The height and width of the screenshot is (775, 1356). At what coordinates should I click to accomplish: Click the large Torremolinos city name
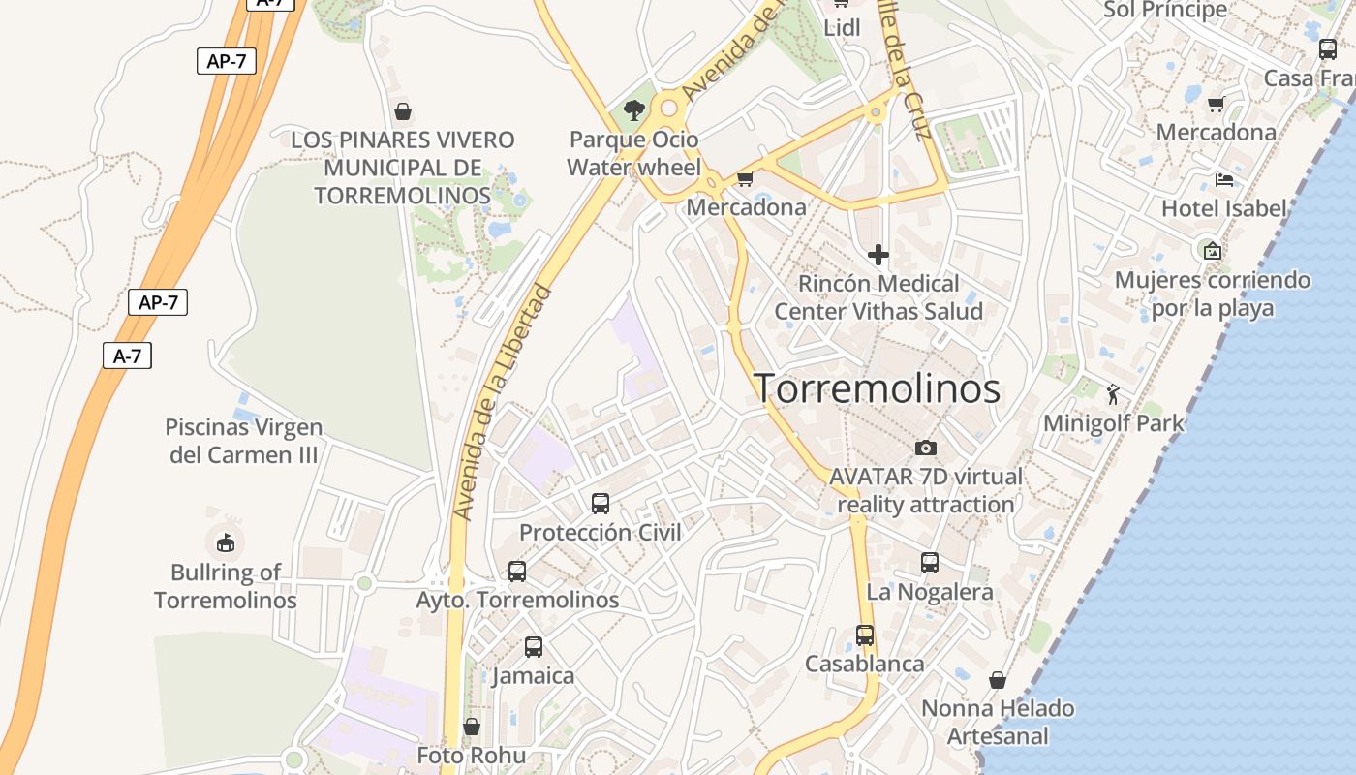coord(877,388)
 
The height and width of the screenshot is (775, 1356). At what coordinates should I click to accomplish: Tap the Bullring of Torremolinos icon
coord(225,542)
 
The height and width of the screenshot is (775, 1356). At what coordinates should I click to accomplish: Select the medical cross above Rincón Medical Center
coord(878,255)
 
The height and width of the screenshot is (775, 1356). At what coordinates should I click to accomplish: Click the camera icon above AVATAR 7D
coord(926,448)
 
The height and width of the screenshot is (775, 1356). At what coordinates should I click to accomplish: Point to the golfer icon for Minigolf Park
coord(1113,394)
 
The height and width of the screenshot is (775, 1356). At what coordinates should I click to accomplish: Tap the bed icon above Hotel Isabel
coord(1224,180)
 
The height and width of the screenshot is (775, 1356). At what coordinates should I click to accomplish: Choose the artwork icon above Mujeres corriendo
coord(1212,251)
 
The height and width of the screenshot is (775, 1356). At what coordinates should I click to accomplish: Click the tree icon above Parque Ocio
coord(634,110)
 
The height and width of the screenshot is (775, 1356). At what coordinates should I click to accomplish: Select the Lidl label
coord(842,28)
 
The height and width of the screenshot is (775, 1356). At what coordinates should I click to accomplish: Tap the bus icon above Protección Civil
coord(601,504)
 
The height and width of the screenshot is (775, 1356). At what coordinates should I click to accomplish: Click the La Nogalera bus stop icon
coord(930,563)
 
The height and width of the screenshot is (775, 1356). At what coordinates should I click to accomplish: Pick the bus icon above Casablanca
coord(865,635)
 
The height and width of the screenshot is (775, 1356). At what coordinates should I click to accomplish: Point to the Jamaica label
coord(533,675)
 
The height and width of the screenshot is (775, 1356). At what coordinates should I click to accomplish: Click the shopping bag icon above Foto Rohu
coord(472,727)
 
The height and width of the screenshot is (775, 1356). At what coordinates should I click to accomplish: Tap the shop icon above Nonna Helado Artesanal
coord(998,680)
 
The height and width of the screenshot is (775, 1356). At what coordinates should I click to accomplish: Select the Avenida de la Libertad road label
coord(503,401)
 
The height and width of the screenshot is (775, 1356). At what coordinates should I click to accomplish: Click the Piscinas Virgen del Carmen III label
coord(244,441)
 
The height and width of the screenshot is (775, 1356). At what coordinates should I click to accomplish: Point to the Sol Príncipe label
coord(1165,10)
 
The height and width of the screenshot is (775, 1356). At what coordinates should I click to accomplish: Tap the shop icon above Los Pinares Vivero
coord(403,111)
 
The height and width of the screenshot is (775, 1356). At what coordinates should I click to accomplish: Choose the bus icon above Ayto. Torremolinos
coord(517,572)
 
